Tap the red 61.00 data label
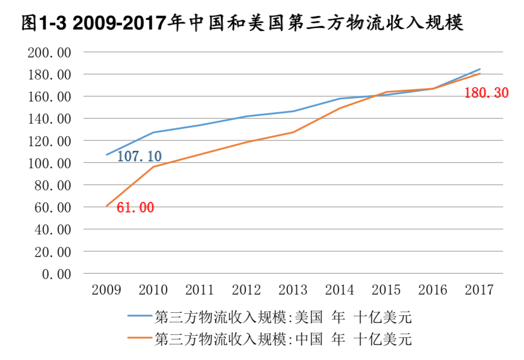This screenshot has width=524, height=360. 135,208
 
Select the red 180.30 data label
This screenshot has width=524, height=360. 486,93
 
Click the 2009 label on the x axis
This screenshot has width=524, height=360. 106,290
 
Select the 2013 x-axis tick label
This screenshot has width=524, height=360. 293,290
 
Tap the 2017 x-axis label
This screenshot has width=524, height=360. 479,290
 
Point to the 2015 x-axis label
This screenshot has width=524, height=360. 386,290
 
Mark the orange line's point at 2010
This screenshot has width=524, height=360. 153,166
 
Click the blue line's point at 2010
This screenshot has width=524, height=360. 153,132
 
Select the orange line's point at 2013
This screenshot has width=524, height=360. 293,132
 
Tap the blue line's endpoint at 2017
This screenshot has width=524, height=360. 479,69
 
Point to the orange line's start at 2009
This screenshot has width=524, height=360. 107,206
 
